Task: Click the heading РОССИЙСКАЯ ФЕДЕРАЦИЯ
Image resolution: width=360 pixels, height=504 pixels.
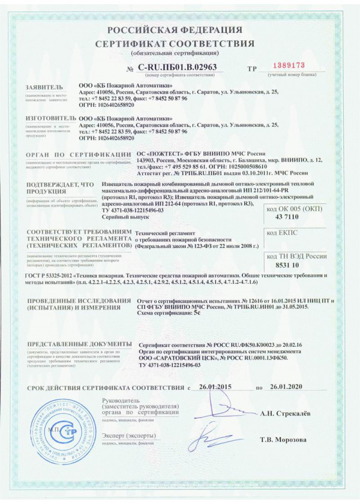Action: click(179, 30)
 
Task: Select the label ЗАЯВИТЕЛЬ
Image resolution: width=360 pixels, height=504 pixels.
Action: click(44, 88)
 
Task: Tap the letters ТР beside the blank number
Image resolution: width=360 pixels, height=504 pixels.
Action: click(251, 68)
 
